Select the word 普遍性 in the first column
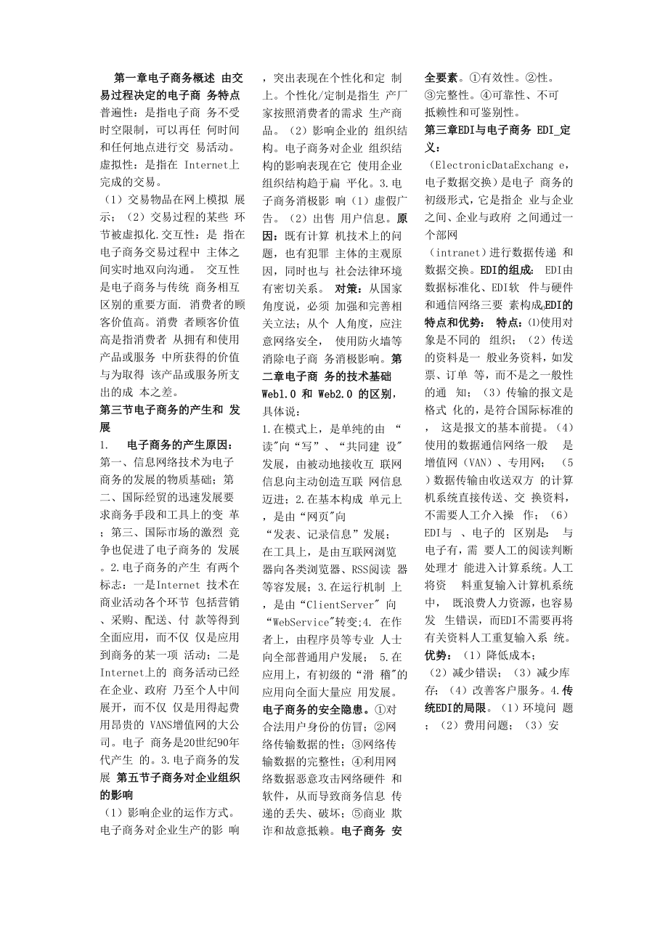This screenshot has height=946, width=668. (x=117, y=112)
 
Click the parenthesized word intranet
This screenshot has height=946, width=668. (x=457, y=252)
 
